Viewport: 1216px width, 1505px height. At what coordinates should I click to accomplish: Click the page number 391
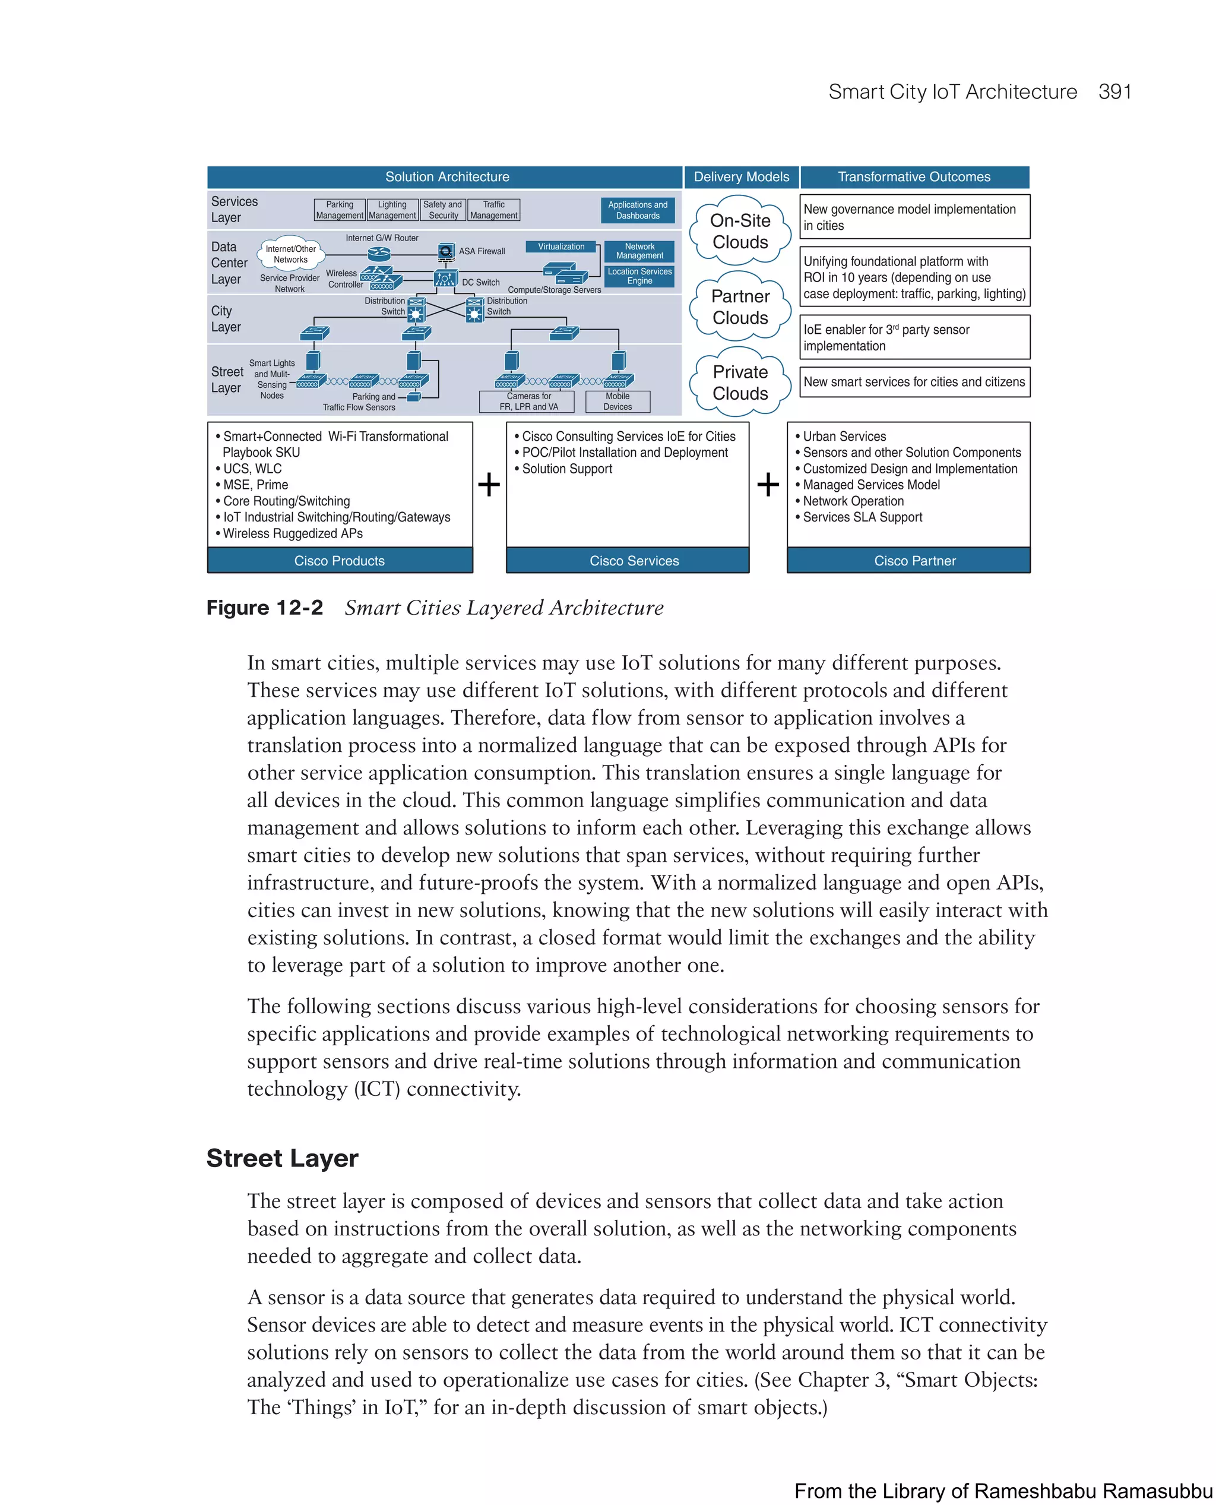[1114, 92]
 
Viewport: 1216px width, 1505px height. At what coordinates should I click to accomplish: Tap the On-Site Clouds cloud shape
[740, 231]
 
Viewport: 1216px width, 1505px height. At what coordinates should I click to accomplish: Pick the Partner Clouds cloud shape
[740, 307]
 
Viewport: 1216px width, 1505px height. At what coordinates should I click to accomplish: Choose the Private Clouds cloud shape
[740, 382]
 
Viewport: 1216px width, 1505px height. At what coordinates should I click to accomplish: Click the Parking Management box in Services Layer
[340, 210]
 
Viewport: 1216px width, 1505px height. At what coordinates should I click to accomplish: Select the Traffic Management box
[494, 210]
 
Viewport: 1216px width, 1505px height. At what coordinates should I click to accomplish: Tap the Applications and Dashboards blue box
[638, 210]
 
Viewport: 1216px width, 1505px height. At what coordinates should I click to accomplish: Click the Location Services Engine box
[639, 276]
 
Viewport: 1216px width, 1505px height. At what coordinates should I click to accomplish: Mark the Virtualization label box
[560, 246]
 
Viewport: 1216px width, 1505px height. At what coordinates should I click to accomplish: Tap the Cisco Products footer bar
[340, 561]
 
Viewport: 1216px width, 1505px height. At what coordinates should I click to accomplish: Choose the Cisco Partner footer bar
[915, 561]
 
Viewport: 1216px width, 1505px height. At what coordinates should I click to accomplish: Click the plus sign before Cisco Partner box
[768, 485]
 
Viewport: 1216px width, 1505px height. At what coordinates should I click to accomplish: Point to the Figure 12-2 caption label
[265, 608]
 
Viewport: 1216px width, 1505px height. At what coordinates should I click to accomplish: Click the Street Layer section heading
[282, 1158]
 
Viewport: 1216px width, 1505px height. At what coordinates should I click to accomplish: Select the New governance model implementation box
[914, 217]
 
